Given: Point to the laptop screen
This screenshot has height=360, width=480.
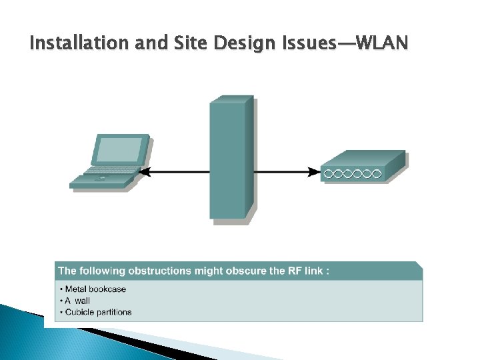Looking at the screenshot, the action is (x=121, y=149).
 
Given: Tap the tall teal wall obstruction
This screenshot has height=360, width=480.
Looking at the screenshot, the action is (x=231, y=160).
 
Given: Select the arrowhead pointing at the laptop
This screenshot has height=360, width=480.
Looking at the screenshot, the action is (x=145, y=172).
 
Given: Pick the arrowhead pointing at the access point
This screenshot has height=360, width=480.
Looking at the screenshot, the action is (x=314, y=172).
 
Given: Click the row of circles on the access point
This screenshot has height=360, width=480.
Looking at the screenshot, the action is (x=352, y=174).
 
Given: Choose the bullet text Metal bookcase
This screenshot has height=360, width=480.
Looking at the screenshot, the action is (x=95, y=289).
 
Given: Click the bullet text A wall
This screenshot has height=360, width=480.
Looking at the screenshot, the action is (x=77, y=301).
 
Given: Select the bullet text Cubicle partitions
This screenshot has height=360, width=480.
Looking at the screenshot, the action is (x=98, y=312).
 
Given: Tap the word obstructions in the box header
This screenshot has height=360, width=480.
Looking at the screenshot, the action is (x=159, y=271).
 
